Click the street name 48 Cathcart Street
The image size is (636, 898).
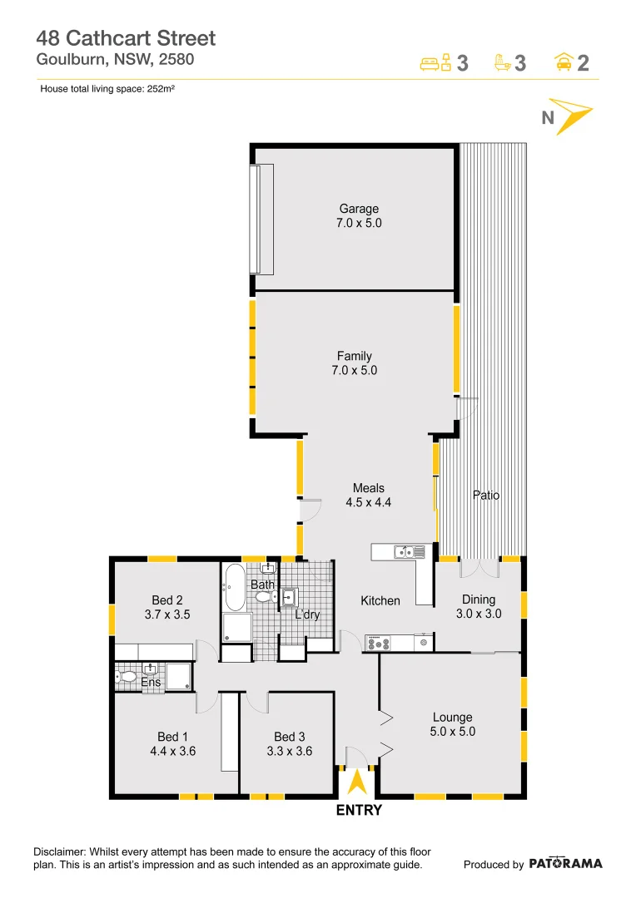126,38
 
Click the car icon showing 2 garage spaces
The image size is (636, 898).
564,63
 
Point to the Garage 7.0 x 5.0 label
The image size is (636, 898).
359,216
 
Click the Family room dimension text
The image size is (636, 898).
354,371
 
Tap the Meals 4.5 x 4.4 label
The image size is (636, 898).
368,496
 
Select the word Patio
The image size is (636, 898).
486,495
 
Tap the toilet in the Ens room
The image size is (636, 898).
127,678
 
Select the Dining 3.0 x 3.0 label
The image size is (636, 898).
479,606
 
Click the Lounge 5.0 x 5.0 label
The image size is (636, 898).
452,725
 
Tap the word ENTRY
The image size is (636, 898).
358,811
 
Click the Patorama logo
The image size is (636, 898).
565,863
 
